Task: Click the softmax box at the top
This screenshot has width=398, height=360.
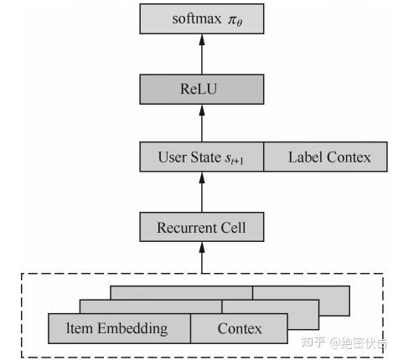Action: click(x=201, y=18)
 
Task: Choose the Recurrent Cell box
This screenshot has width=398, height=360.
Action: click(x=201, y=226)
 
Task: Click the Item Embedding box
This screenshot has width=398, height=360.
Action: click(x=119, y=328)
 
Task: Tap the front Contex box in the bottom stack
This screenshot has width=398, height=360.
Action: click(x=240, y=328)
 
